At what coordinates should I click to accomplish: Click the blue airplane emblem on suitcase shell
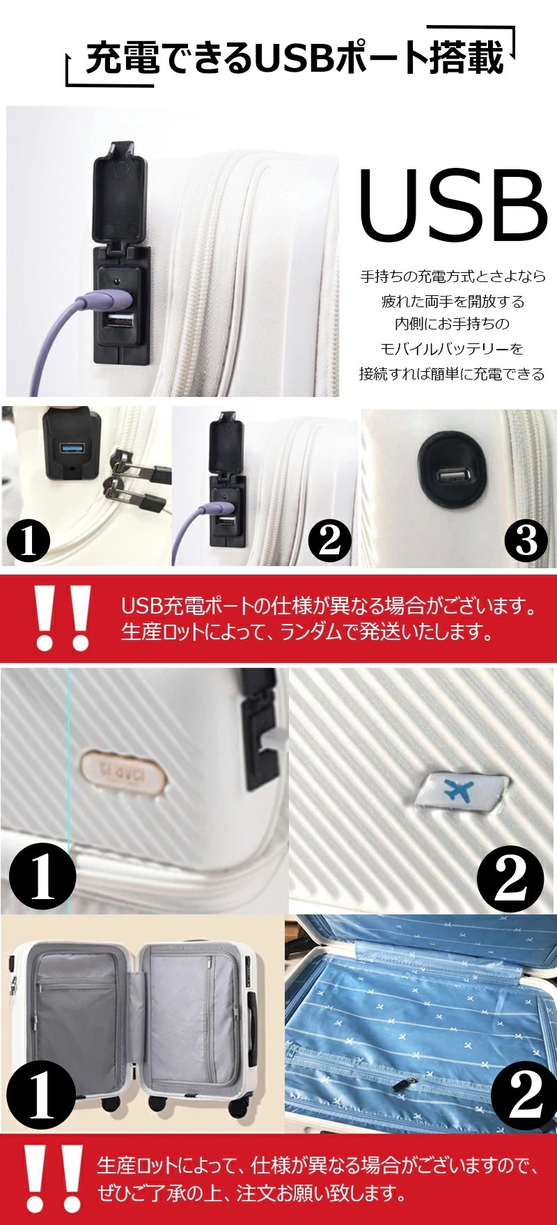457,791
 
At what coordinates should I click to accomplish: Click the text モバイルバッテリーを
451,348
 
